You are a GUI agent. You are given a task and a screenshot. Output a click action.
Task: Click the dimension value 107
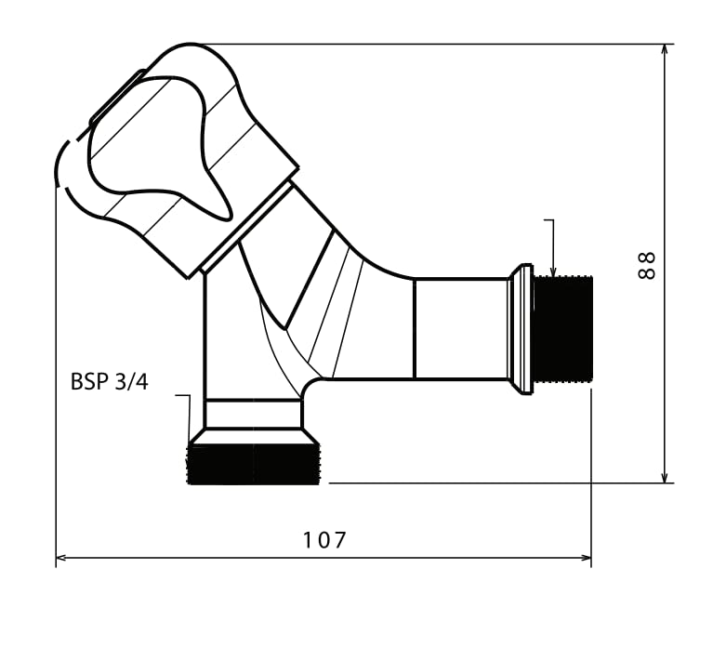324,540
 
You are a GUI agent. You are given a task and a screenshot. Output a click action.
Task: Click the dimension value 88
647,266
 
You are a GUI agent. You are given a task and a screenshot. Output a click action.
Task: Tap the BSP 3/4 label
110,382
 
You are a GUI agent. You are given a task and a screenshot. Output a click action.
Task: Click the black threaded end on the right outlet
563,328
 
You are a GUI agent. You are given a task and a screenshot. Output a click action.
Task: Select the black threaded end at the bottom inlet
254,464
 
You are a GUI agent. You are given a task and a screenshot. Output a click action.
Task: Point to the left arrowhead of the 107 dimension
61,558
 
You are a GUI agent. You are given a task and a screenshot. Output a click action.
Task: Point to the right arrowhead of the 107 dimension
586,558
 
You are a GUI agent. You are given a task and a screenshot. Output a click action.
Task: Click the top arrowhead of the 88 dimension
665,50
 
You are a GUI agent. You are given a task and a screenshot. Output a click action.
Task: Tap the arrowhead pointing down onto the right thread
553,271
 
